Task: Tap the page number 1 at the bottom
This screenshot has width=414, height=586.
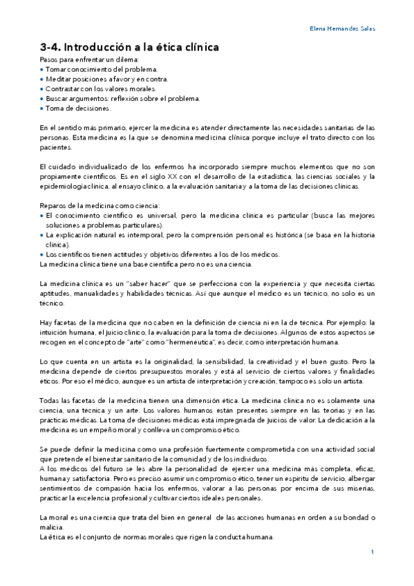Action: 373,551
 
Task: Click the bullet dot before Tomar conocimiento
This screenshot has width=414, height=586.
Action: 42,70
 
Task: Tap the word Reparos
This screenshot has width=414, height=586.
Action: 53,205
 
